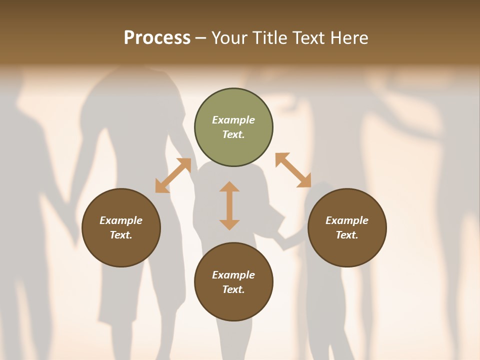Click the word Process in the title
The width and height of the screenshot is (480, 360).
157,38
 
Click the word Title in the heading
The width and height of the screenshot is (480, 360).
269,38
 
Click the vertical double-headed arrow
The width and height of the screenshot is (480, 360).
229,205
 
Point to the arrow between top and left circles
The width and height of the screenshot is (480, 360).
173,175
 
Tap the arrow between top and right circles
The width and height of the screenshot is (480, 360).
293,170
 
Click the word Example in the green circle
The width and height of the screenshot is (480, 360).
233,120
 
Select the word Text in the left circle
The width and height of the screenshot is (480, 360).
121,235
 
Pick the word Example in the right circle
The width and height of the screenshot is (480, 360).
347,220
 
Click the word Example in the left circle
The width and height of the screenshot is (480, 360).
121,220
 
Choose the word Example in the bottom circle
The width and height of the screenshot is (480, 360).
233,275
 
